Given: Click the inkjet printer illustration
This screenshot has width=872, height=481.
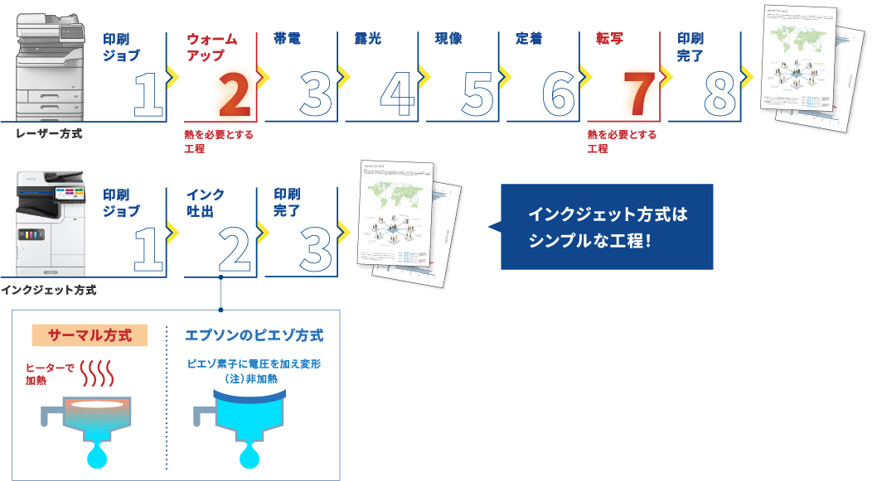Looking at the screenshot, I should pos(51,224).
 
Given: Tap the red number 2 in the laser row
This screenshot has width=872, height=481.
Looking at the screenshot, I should pos(231,94).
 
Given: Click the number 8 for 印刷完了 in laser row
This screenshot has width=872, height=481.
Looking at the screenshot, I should pos(720,94).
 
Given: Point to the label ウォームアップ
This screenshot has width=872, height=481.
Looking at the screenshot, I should pos(212,47).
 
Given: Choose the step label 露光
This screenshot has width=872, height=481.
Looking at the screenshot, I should pos(368,39).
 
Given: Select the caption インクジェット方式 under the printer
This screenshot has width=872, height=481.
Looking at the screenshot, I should pos(49,290).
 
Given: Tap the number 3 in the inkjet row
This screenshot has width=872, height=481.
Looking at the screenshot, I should pos(314,248).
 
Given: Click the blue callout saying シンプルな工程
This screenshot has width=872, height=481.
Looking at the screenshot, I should pos(607,227).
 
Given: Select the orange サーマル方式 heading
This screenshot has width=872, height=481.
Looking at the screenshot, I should pos(89,335).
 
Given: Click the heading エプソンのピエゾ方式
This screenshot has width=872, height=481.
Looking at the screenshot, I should pos(254,335).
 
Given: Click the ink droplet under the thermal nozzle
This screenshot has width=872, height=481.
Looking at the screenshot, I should pos(97,456).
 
